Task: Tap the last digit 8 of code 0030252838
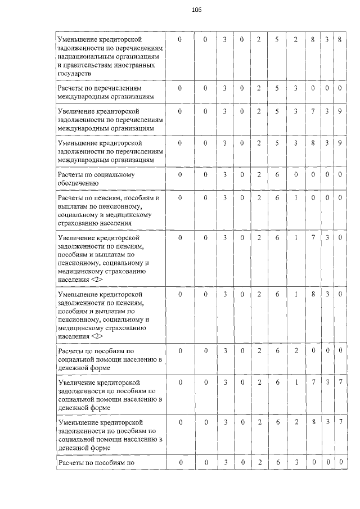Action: pos(340,39)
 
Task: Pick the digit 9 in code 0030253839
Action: pos(340,143)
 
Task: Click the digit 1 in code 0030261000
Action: pos(295,197)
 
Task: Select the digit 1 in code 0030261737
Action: pos(295,382)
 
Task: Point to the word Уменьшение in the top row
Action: pos(78,39)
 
